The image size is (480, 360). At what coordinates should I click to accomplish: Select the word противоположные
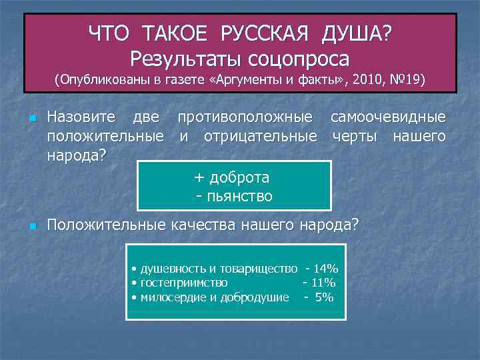[x=245, y=117]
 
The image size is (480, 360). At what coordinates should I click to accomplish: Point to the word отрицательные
[x=260, y=137]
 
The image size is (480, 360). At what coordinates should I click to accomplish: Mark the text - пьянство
[x=234, y=196]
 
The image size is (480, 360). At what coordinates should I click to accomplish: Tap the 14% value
[x=326, y=269]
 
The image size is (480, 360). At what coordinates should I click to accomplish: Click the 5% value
[x=324, y=297]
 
